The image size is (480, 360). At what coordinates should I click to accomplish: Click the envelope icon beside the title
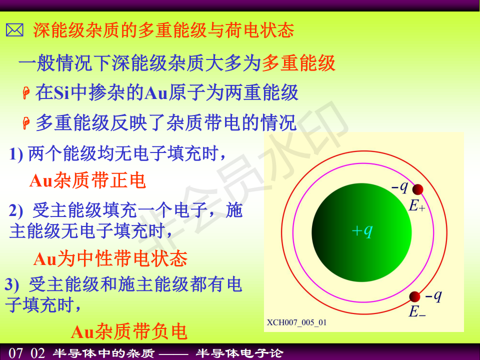click(14, 30)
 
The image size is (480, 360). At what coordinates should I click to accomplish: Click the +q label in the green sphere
click(362, 230)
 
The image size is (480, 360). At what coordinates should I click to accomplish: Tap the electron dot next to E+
click(417, 189)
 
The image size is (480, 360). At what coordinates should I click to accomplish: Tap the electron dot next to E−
click(415, 296)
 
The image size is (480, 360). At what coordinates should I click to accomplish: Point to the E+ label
click(417, 205)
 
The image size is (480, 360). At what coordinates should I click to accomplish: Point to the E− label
click(417, 311)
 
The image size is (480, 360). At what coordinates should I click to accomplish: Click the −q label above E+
click(400, 186)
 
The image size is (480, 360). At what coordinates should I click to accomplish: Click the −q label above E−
click(433, 296)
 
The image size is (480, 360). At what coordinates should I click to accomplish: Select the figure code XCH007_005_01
click(296, 322)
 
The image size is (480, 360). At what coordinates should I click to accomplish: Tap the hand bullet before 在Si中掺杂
click(26, 93)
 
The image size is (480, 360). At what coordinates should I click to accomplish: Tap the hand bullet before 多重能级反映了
click(26, 123)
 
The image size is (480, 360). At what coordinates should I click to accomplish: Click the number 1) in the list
click(16, 154)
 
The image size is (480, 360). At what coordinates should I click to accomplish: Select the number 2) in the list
click(16, 210)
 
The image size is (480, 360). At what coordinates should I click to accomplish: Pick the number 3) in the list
click(12, 284)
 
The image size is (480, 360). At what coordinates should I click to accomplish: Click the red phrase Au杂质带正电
click(87, 180)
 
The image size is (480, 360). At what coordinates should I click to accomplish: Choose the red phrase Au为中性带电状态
click(110, 259)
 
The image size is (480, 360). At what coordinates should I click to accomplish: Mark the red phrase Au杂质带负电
click(129, 331)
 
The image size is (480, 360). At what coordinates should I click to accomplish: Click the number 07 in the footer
click(16, 353)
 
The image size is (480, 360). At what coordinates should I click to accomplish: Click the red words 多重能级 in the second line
click(298, 63)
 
